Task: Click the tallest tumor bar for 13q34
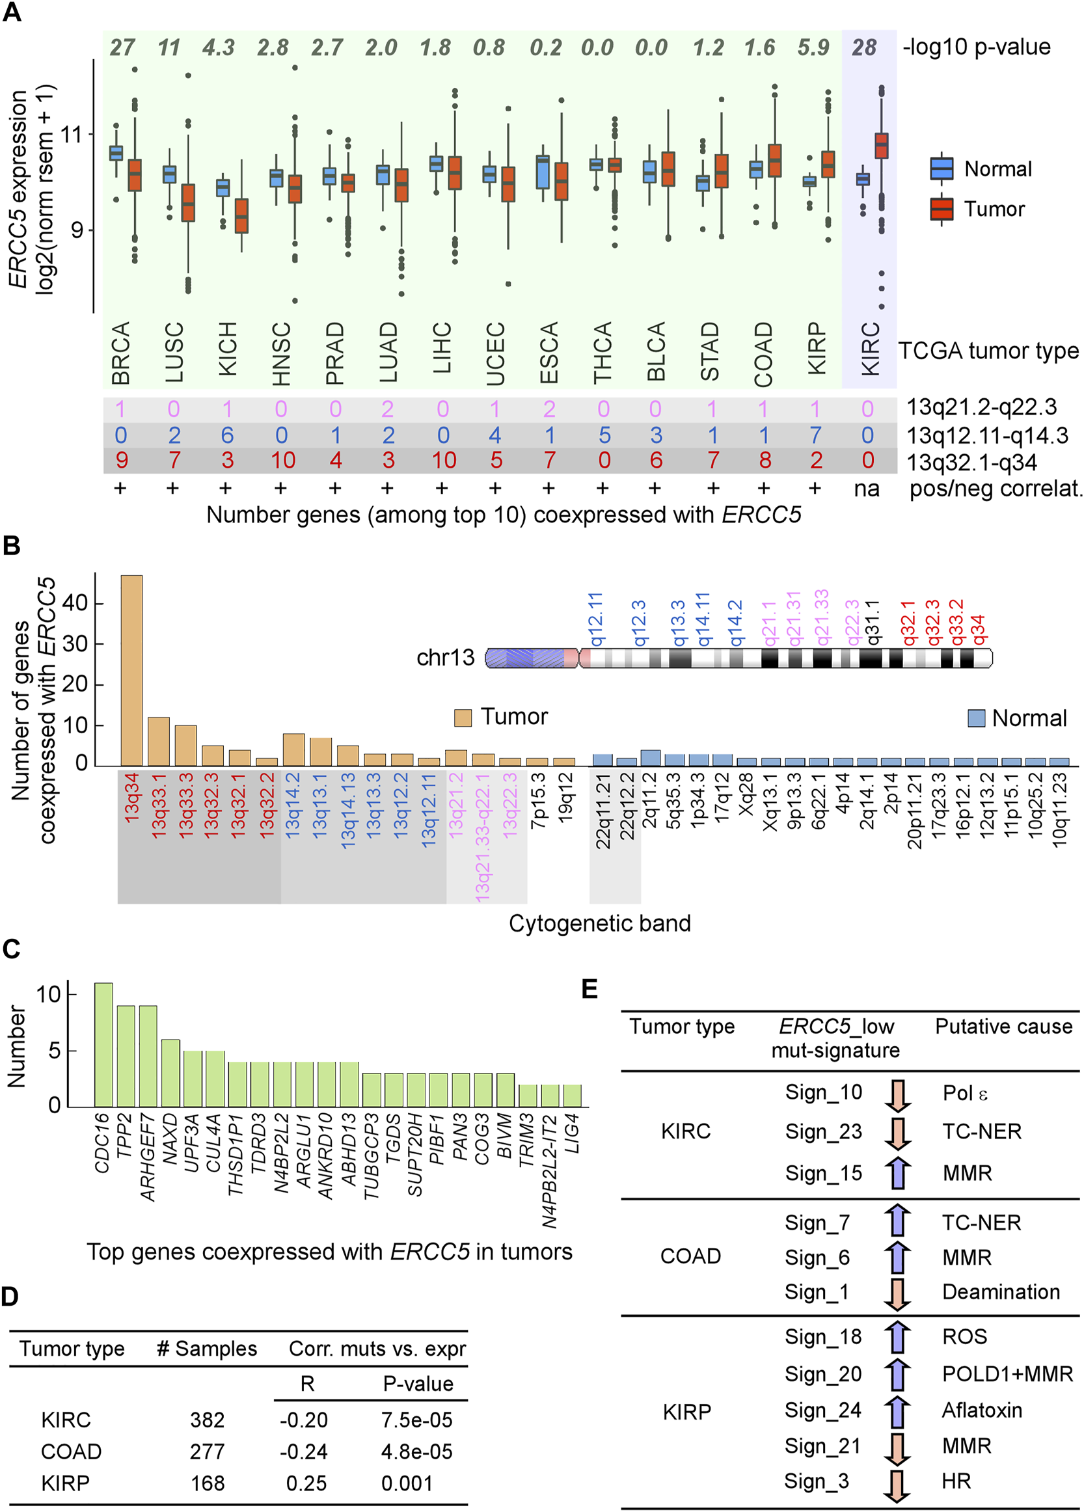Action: pyautogui.click(x=131, y=669)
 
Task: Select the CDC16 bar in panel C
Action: pyautogui.click(x=103, y=1044)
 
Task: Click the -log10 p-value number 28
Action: pyautogui.click(x=864, y=48)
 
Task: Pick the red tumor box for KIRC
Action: pyautogui.click(x=882, y=145)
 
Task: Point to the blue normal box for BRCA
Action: pyautogui.click(x=116, y=153)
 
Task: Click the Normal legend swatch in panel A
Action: pyautogui.click(x=942, y=169)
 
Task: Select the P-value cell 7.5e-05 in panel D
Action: pyautogui.click(x=416, y=1421)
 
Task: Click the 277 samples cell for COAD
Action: pyautogui.click(x=208, y=1452)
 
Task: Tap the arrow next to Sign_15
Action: pyautogui.click(x=897, y=1172)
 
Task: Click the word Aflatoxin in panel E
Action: pyautogui.click(x=981, y=1410)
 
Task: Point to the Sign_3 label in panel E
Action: pyautogui.click(x=816, y=1481)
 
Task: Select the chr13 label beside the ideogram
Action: pyautogui.click(x=445, y=658)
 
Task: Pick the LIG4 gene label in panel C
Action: pyautogui.click(x=572, y=1133)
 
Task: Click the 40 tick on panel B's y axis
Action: pyautogui.click(x=75, y=603)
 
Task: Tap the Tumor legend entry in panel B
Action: pyautogui.click(x=500, y=718)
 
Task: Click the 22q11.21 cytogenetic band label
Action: pyautogui.click(x=603, y=811)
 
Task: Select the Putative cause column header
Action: pyautogui.click(x=1003, y=1027)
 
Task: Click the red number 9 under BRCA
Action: pyautogui.click(x=121, y=460)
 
